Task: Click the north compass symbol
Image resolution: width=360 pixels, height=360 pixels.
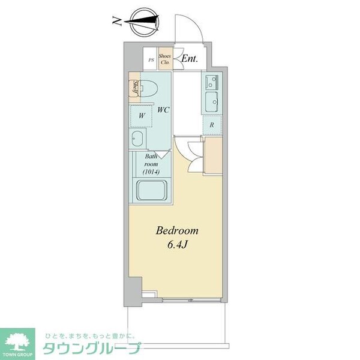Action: (x=144, y=23)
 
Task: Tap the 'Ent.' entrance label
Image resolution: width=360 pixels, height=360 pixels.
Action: (x=190, y=58)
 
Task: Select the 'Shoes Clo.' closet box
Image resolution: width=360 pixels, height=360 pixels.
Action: (x=165, y=59)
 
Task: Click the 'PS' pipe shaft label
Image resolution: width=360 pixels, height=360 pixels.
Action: (x=151, y=59)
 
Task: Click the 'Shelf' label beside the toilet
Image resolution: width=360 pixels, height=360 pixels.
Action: (x=136, y=88)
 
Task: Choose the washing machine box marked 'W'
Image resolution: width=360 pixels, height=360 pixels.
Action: (x=142, y=115)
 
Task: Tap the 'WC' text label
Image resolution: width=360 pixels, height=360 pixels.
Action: (x=162, y=110)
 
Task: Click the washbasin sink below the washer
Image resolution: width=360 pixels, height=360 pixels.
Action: (x=137, y=139)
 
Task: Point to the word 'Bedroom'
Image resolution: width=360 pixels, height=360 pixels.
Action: (x=177, y=230)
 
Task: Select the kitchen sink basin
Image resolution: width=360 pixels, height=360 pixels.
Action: (x=212, y=101)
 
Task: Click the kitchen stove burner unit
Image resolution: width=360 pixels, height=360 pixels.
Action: (x=212, y=80)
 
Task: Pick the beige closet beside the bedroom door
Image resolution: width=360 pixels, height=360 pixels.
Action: (x=213, y=154)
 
